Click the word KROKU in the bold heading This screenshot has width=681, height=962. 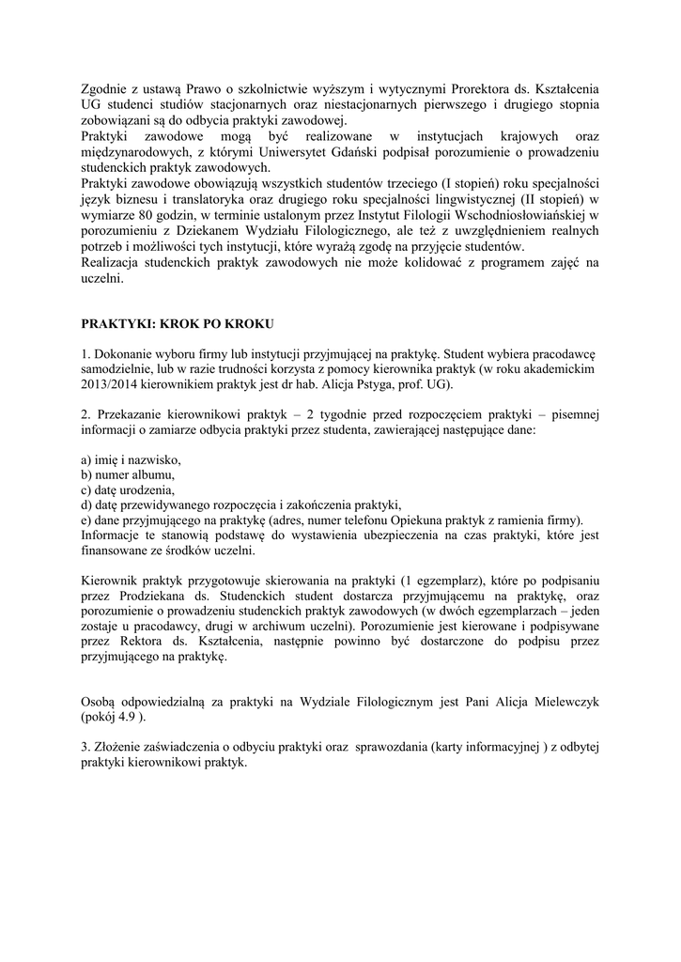coord(247,324)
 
